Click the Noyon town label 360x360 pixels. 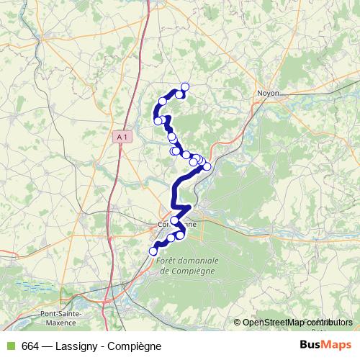[x=268, y=93]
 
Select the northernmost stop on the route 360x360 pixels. [x=185, y=87]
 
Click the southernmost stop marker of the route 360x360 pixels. [x=153, y=251]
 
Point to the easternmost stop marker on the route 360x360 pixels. [x=207, y=166]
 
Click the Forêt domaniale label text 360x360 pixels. [x=185, y=262]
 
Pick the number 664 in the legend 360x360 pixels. [x=30, y=346]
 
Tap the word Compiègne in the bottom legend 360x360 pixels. [x=133, y=346]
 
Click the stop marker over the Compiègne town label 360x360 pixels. [x=176, y=220]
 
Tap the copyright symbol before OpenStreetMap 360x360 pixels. [x=238, y=322]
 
